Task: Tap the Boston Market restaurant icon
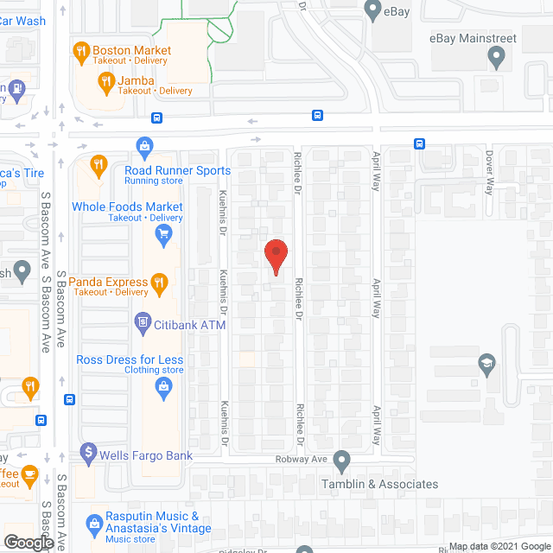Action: tap(80, 51)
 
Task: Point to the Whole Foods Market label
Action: tap(127, 207)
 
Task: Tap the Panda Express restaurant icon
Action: tap(158, 281)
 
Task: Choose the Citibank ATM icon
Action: tap(143, 324)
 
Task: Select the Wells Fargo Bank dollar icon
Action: tap(86, 452)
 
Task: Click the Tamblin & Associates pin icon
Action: tap(343, 460)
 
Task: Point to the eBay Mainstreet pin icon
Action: tap(496, 58)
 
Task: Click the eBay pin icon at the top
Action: tap(373, 11)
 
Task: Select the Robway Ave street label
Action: tap(300, 460)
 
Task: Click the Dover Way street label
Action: tap(488, 173)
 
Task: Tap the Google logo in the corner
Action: tap(28, 542)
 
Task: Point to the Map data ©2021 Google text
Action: tap(499, 546)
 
